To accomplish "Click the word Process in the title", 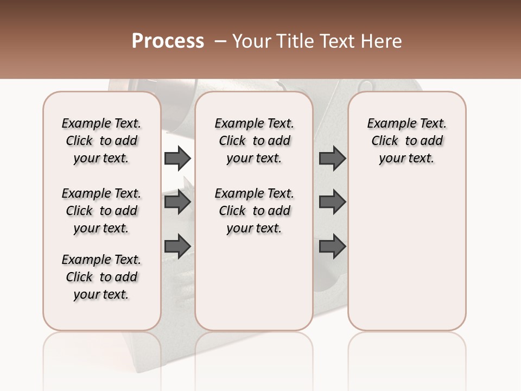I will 168,41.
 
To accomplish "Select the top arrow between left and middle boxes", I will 177,158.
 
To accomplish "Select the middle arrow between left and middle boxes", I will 177,202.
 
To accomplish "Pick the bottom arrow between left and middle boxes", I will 177,246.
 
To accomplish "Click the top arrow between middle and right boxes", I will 332,158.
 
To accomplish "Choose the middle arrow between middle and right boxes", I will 332,202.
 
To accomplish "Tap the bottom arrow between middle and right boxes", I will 332,246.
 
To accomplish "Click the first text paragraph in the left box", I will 101,141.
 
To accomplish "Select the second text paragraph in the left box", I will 101,211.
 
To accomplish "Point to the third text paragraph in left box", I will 101,277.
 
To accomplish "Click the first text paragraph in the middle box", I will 254,141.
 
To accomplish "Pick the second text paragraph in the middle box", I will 254,211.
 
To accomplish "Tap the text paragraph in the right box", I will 406,141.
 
